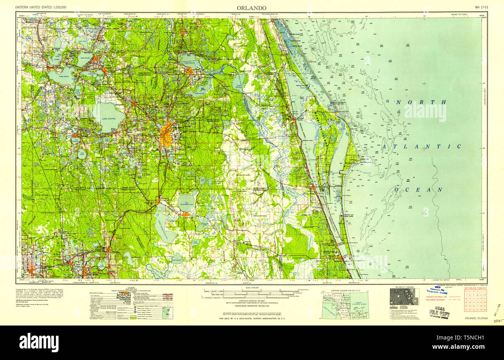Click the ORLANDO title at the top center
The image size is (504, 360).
click(252, 8)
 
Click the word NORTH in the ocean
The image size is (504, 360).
click(421, 102)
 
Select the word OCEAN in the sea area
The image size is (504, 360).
click(418, 189)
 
